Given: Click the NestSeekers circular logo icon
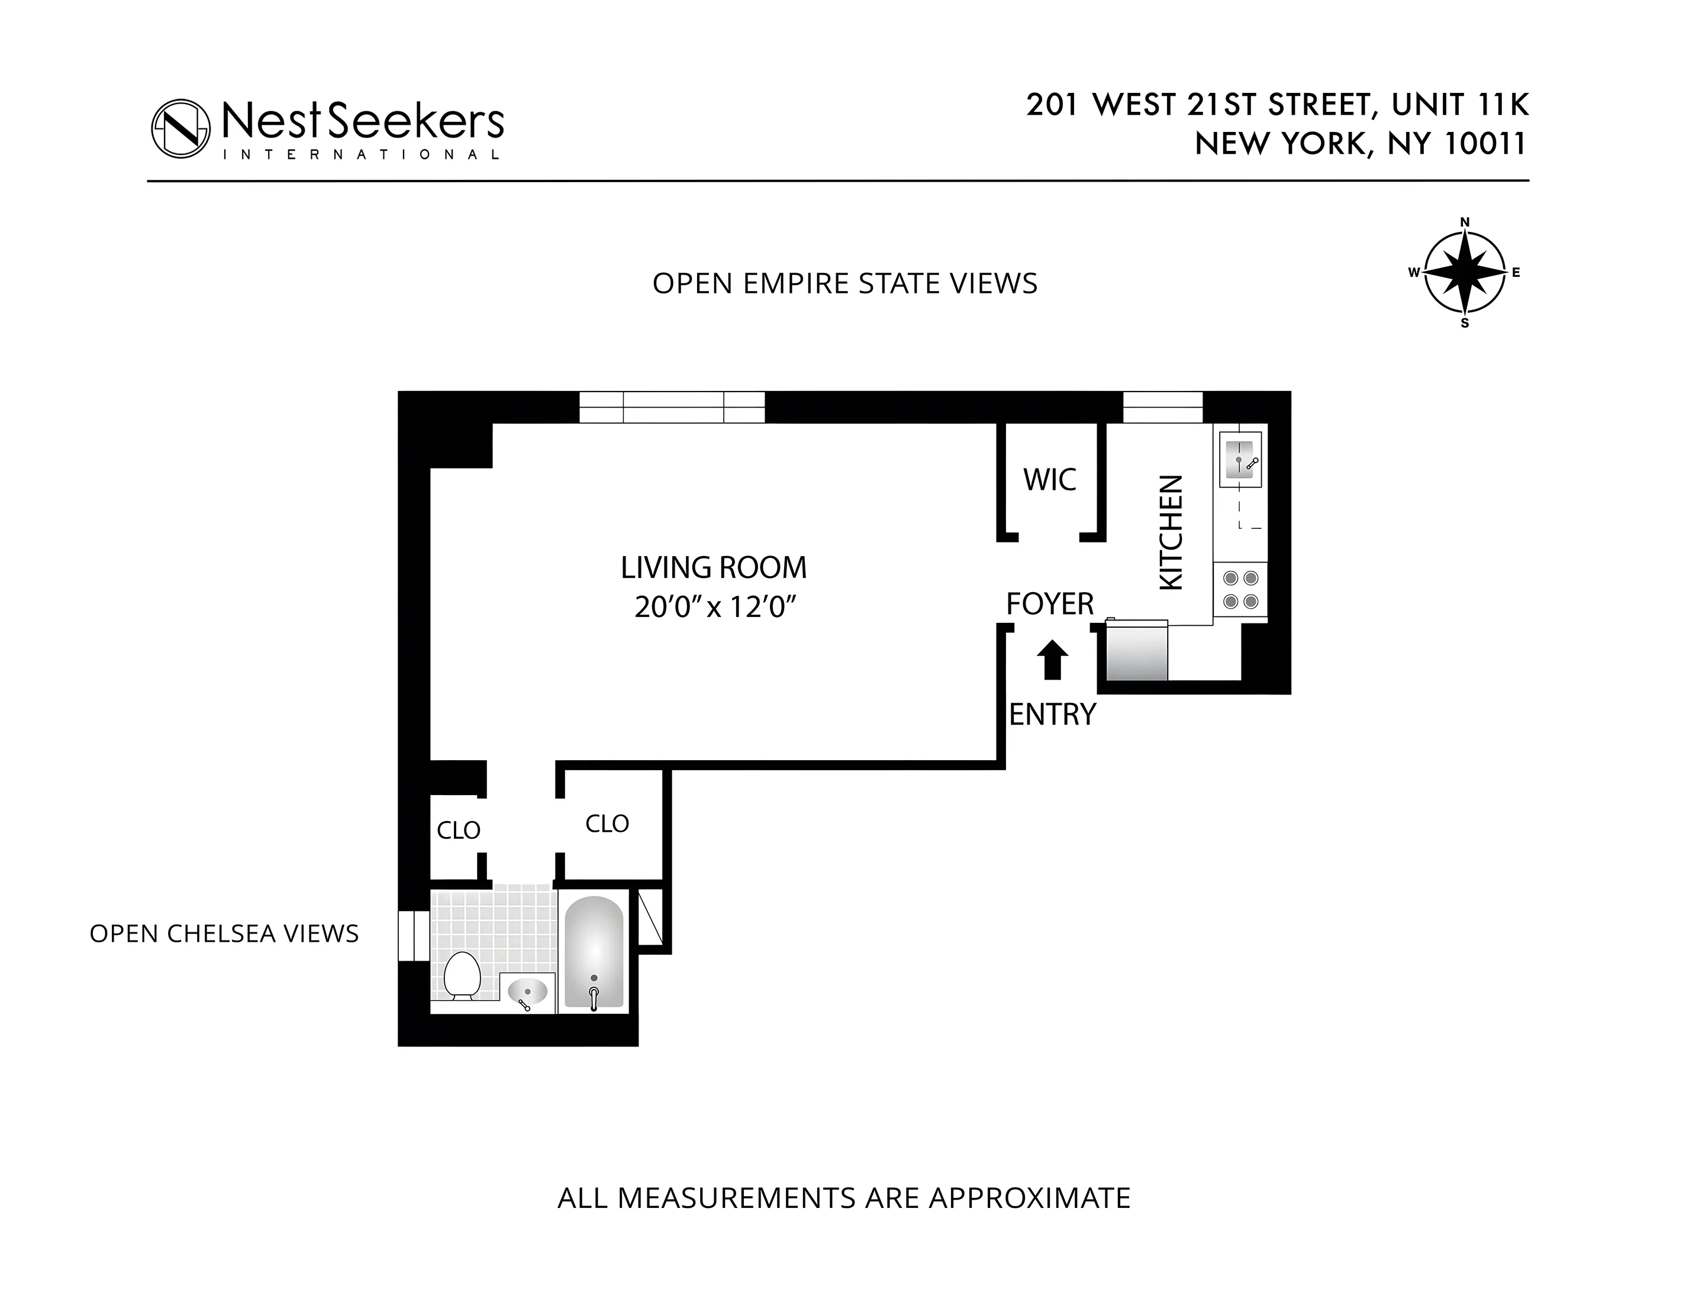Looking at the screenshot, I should tap(180, 128).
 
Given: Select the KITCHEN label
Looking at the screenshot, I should tap(1171, 532).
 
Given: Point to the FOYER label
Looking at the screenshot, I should tap(1050, 603).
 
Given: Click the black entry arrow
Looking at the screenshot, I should tap(1052, 661).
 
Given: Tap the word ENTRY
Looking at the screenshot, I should tap(1052, 715).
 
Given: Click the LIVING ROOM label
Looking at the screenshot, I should tap(713, 568).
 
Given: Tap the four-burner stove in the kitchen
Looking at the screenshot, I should tap(1240, 590).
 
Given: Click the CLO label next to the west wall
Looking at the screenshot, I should tap(459, 831).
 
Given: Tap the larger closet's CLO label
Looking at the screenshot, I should tap(607, 823).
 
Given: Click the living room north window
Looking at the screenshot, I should tap(672, 407).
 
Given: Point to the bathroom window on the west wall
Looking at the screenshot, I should tap(413, 935).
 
